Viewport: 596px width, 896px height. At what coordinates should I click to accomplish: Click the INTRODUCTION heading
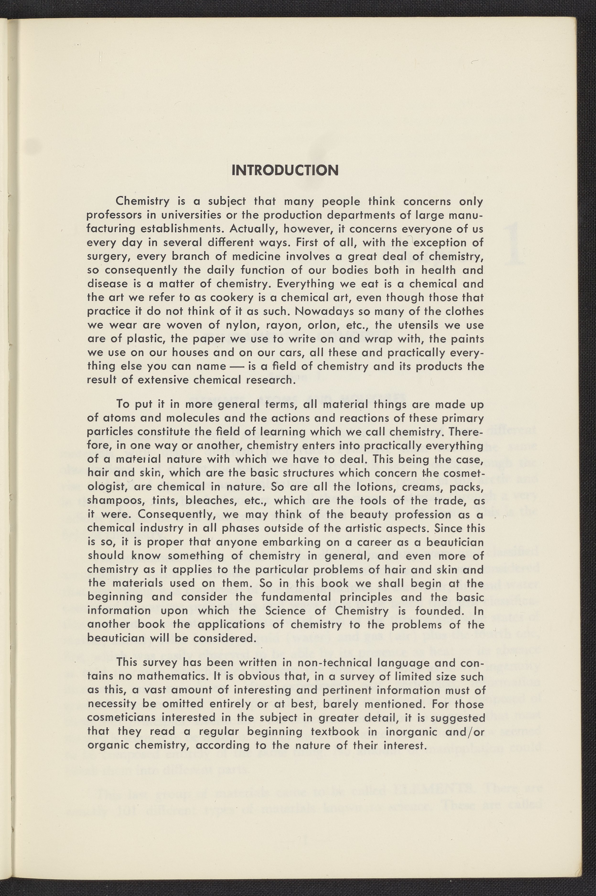[x=285, y=170]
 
